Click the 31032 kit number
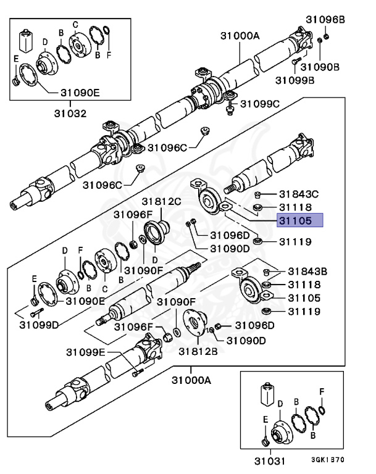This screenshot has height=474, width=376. click(x=69, y=114)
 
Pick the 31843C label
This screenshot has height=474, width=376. click(x=299, y=194)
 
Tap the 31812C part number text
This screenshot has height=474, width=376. click(x=162, y=201)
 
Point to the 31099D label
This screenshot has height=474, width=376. click(x=38, y=324)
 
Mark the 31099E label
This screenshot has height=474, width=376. click(x=86, y=352)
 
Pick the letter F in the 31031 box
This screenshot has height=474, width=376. click(x=321, y=391)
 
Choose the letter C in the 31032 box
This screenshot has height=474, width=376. click(x=75, y=25)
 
